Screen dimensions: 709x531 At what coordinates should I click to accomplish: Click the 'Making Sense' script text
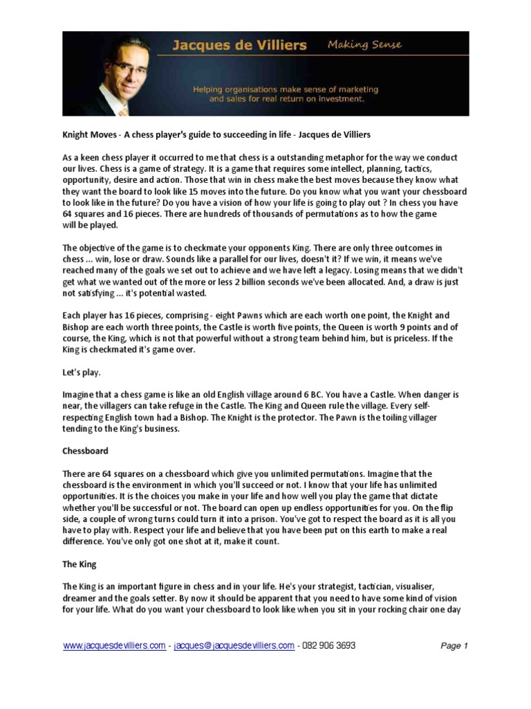[364, 46]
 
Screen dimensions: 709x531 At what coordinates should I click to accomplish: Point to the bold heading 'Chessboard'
[85, 451]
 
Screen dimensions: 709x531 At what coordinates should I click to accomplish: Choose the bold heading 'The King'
[80, 564]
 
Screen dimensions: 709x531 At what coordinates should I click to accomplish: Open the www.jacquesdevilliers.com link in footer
[114, 645]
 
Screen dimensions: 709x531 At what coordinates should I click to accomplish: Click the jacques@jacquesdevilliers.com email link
[234, 645]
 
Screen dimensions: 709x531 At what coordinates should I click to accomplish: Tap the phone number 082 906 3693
[329, 645]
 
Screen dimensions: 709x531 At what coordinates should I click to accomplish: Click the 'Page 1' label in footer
[454, 646]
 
